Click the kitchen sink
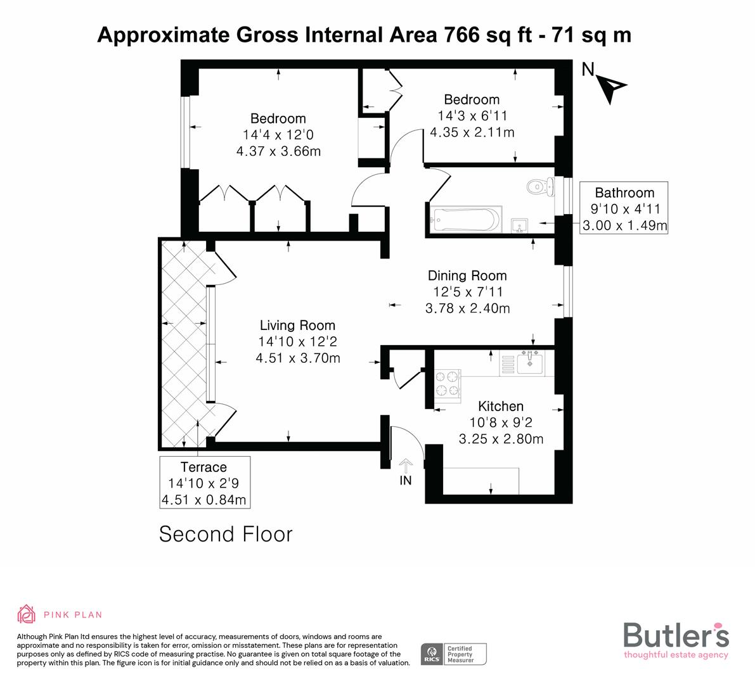click(x=529, y=363)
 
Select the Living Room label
click(x=297, y=326)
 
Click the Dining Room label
click(x=467, y=275)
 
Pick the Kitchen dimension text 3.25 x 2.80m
click(x=501, y=439)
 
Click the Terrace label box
click(x=204, y=483)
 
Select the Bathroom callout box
click(x=624, y=209)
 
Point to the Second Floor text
click(x=226, y=534)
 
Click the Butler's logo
click(x=676, y=639)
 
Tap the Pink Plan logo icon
click(x=27, y=614)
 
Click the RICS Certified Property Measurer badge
click(x=455, y=654)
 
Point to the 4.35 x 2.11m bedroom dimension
click(x=472, y=132)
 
